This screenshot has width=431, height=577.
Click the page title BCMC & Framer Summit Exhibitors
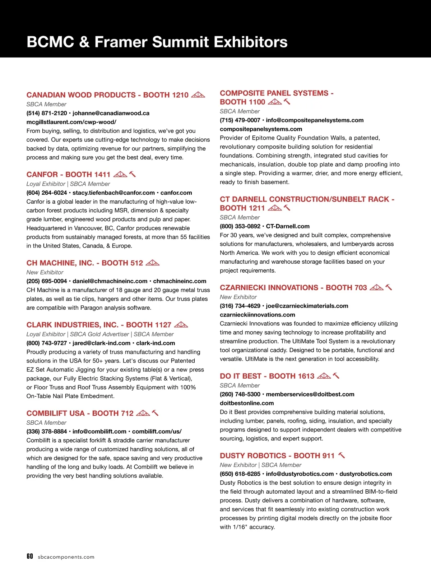click(x=157, y=42)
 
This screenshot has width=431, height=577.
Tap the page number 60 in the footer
click(x=30, y=556)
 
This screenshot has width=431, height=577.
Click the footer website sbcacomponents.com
click(x=66, y=557)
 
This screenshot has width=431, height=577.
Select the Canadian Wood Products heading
click(x=107, y=95)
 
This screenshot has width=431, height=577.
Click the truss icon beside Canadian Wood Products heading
click(x=198, y=95)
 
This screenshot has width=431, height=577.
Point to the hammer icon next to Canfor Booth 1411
click(x=132, y=174)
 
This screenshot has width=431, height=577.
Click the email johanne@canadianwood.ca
click(x=111, y=113)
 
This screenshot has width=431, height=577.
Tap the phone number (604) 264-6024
click(x=47, y=193)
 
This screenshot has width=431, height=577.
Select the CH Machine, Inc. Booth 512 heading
click(x=85, y=263)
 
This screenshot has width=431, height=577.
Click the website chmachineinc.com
click(x=180, y=281)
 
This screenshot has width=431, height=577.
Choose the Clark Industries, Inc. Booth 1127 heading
click(x=99, y=325)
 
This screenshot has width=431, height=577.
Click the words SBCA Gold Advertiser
click(x=99, y=334)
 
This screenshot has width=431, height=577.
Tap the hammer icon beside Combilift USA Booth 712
click(x=155, y=413)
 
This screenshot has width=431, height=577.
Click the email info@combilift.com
click(x=99, y=431)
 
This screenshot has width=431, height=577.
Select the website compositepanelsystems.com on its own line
click(x=261, y=129)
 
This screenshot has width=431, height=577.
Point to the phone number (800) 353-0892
click(x=240, y=226)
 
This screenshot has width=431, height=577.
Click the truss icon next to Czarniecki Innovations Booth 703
click(x=376, y=287)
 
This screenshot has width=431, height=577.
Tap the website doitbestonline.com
click(x=247, y=403)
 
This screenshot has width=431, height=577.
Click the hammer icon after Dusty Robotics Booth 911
click(x=342, y=455)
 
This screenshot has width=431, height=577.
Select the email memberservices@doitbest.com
click(x=310, y=394)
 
